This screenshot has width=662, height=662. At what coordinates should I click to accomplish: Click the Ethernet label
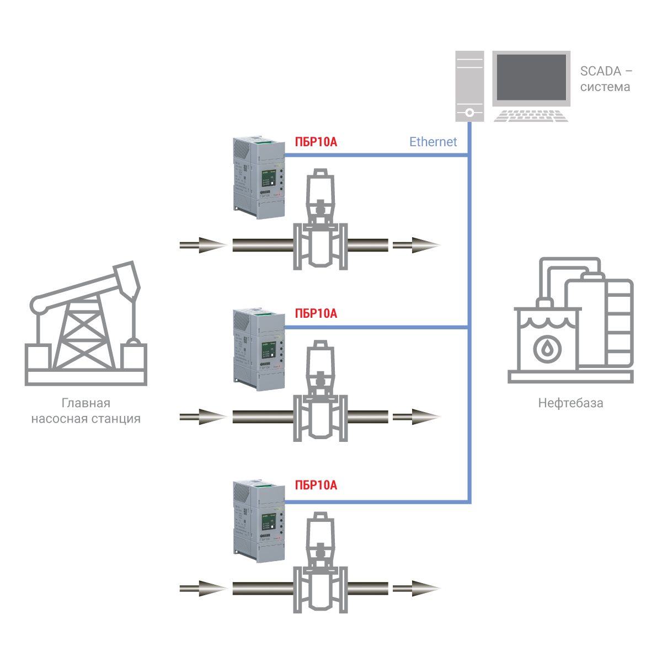[x=433, y=142]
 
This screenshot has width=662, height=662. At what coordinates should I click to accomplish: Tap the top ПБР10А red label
[x=316, y=142]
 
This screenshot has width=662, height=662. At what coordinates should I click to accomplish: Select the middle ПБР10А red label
[x=316, y=313]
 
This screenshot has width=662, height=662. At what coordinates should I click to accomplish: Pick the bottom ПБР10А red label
[x=316, y=485]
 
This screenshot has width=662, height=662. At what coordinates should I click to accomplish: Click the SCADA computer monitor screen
[x=532, y=77]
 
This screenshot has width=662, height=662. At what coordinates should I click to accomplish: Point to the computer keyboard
[x=531, y=116]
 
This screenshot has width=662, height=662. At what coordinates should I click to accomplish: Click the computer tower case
[x=469, y=86]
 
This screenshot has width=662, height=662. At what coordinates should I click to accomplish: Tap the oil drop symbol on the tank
[x=547, y=348]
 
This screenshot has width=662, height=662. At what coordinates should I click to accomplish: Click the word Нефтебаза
[x=570, y=403]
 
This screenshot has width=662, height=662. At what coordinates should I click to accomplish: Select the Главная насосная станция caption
[x=86, y=411]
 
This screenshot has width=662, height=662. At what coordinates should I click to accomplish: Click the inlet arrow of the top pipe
[x=203, y=245]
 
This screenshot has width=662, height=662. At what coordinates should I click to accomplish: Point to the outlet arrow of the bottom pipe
[x=417, y=589]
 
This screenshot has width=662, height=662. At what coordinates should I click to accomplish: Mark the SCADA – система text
[x=606, y=79]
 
